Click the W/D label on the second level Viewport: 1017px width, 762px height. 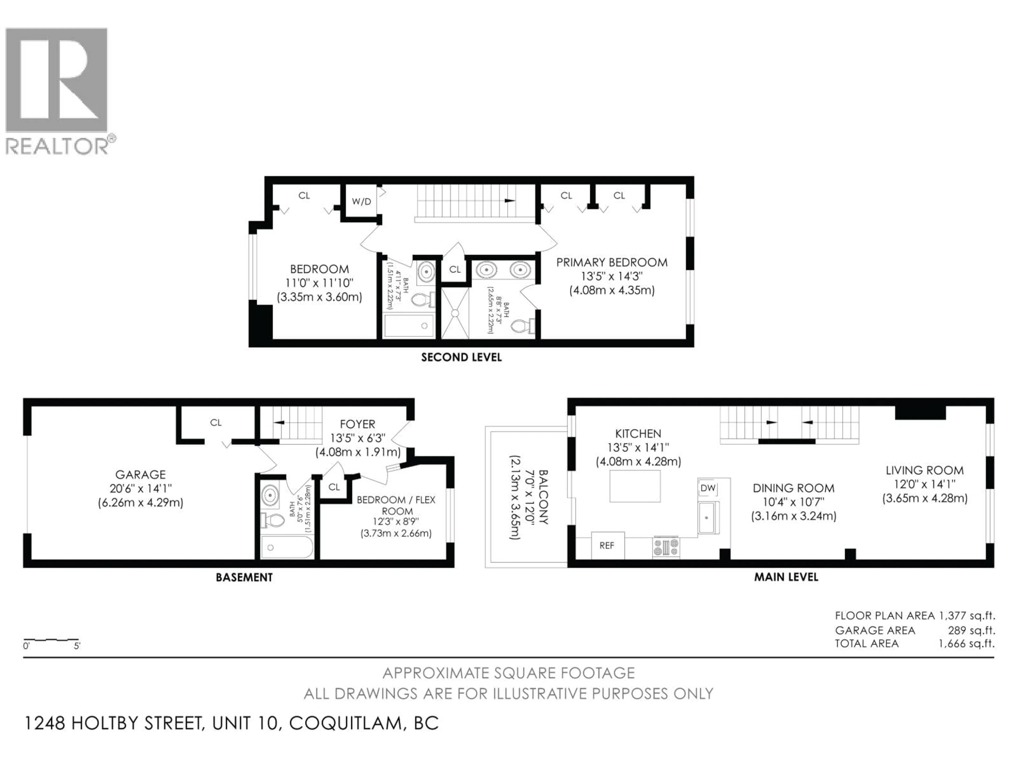[x=361, y=202]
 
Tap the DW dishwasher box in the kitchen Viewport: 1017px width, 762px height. [x=708, y=488]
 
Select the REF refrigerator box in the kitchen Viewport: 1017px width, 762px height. [x=607, y=546]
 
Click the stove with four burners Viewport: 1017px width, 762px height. [x=666, y=547]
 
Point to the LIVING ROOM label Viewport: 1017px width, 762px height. [x=924, y=470]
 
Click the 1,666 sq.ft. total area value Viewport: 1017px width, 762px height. [x=966, y=643]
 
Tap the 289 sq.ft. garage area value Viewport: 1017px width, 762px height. [x=971, y=630]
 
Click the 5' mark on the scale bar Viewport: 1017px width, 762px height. [x=77, y=646]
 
